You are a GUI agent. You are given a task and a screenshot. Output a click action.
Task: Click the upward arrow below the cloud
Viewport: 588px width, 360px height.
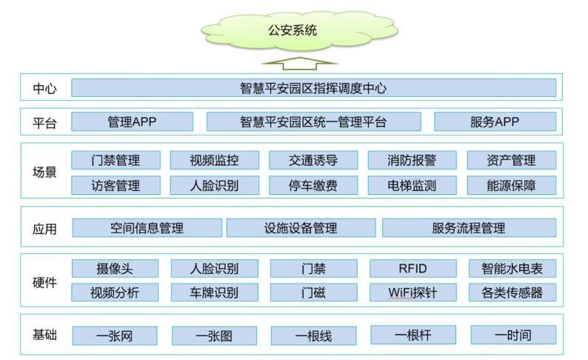(x=294, y=63)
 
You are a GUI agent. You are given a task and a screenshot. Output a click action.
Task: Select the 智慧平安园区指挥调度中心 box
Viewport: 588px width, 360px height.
(x=313, y=88)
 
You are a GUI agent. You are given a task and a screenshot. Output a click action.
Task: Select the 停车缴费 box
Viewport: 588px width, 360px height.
(x=313, y=185)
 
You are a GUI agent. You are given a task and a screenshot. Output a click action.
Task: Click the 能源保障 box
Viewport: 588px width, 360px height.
(x=511, y=185)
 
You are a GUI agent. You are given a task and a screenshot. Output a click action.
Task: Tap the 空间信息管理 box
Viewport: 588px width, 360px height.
(x=147, y=228)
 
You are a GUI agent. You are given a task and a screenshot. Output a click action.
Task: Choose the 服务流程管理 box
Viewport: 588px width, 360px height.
(x=469, y=228)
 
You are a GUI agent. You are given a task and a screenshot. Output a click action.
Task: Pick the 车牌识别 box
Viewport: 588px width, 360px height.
(x=214, y=292)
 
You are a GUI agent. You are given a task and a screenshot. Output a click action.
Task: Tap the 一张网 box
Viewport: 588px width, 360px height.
(x=115, y=336)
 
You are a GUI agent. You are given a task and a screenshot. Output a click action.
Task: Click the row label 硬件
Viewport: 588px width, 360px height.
(x=44, y=281)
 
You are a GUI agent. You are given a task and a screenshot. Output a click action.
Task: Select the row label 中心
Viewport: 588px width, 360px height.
(x=44, y=89)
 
